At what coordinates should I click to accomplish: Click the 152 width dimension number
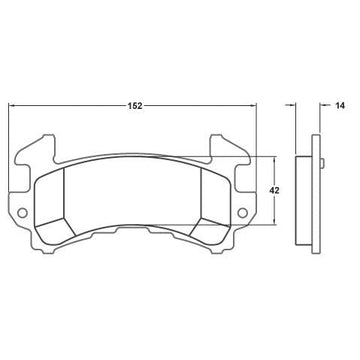tap(135, 106)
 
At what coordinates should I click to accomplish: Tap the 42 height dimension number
tap(274, 191)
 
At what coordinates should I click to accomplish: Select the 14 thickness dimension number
tap(340, 106)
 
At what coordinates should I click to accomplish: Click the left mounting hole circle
tap(22, 212)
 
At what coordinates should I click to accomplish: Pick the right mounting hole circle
tap(242, 212)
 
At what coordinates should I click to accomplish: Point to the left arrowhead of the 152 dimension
tap(12, 105)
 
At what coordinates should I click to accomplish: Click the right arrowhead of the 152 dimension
tap(253, 105)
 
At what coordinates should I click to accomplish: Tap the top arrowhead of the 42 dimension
tap(274, 160)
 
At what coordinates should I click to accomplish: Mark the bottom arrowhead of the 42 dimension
tap(274, 221)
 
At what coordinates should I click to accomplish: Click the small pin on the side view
tap(322, 163)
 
